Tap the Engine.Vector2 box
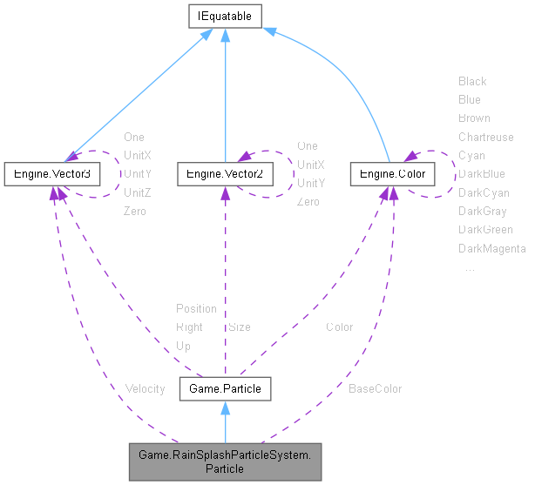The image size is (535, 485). [x=226, y=174]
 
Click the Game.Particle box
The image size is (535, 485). [x=226, y=388]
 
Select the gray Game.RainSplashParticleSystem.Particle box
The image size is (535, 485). [x=226, y=461]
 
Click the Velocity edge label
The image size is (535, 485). [x=145, y=388]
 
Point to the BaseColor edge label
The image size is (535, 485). [x=375, y=388]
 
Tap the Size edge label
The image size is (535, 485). [x=239, y=327]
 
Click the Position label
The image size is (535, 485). [x=196, y=308]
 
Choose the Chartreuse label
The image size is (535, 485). [x=485, y=137]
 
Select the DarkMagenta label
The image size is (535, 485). [x=491, y=249]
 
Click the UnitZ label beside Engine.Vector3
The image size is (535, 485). [x=137, y=192]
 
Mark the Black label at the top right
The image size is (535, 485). [x=472, y=81]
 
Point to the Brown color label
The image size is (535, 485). [x=474, y=118]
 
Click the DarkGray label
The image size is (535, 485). [x=482, y=211]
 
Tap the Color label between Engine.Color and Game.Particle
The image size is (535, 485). [x=339, y=327]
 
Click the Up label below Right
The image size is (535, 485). [x=183, y=346]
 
